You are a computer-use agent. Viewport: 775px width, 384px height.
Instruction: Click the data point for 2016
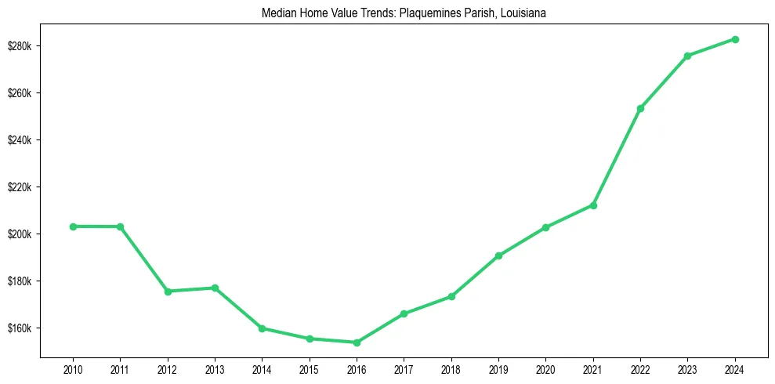(x=357, y=342)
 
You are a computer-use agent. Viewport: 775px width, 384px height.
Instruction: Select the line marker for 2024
(x=735, y=39)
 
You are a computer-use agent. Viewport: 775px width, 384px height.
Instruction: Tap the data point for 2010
(x=73, y=226)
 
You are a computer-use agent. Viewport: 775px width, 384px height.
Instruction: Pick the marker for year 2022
(x=640, y=108)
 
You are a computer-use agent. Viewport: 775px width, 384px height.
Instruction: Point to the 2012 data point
(x=168, y=292)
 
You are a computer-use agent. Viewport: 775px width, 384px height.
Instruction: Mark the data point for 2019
(x=498, y=255)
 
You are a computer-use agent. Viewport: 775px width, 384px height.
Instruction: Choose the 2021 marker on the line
(x=593, y=205)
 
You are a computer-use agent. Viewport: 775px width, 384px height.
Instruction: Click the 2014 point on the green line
(x=262, y=328)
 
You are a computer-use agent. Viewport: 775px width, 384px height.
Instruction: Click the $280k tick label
(x=21, y=46)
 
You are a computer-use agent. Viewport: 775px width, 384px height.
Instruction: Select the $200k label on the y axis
(x=21, y=234)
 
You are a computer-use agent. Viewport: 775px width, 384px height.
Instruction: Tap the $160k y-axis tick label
(x=21, y=328)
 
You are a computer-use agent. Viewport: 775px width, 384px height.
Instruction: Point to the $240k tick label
(x=21, y=140)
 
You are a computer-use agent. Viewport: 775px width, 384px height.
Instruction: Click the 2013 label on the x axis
(x=215, y=368)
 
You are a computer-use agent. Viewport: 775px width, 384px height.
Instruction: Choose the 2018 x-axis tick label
(x=451, y=368)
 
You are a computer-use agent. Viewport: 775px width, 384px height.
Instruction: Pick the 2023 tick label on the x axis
(x=687, y=368)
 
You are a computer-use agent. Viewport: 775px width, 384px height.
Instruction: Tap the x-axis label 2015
(x=310, y=368)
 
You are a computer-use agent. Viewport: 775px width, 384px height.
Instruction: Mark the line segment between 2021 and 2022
(x=617, y=157)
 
